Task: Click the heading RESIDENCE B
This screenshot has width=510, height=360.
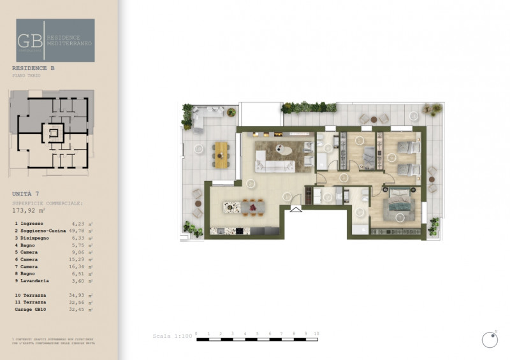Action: point(36,68)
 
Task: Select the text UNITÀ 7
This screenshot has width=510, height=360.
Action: point(26,192)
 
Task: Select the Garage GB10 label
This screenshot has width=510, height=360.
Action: point(33,308)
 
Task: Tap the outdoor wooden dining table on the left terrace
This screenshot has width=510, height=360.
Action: point(221,154)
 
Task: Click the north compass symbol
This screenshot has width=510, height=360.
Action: point(489,340)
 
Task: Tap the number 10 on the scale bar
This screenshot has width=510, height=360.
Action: point(317,333)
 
